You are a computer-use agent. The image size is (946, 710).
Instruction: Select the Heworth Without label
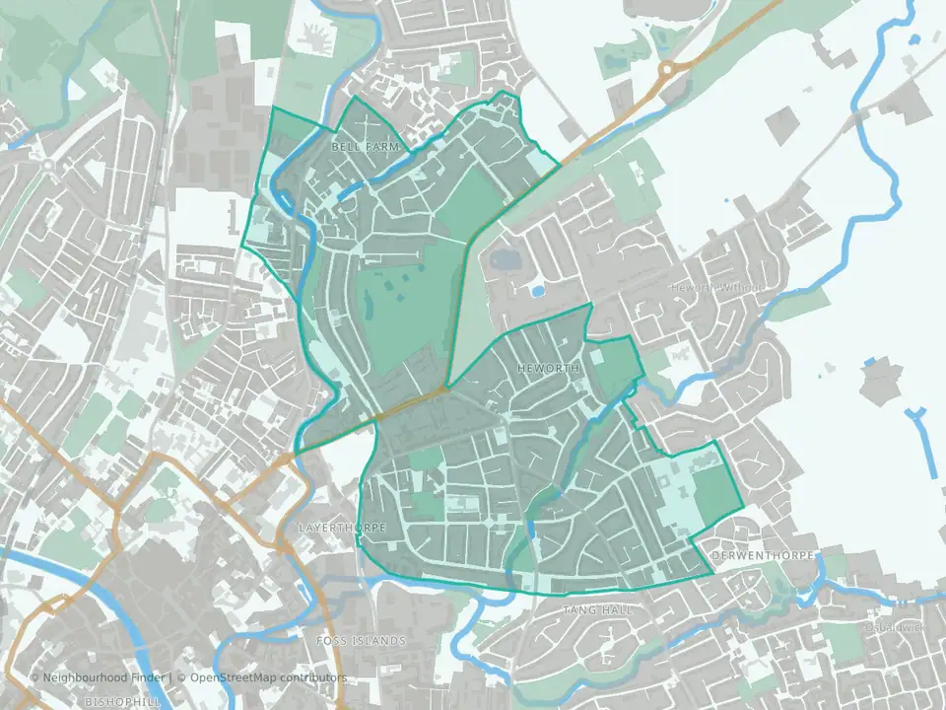click(x=716, y=287)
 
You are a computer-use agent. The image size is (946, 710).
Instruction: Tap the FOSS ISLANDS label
click(x=361, y=641)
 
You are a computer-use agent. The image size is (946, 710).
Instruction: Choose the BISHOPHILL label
click(x=122, y=701)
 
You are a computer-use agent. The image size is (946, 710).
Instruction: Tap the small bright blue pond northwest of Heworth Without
click(x=537, y=291)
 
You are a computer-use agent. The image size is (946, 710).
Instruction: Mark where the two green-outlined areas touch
click(x=446, y=386)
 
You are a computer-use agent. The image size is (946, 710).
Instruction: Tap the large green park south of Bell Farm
click(x=399, y=311)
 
